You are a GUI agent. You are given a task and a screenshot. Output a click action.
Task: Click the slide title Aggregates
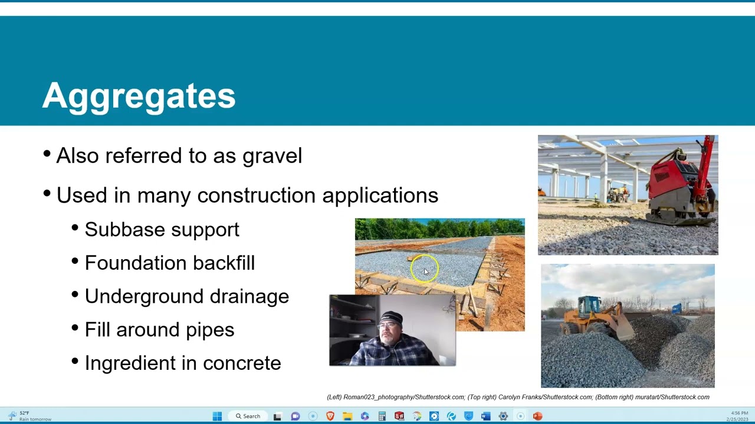tap(139, 96)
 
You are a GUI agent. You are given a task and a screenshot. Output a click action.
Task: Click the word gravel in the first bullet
tap(272, 156)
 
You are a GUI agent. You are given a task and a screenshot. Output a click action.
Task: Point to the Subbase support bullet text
tap(162, 230)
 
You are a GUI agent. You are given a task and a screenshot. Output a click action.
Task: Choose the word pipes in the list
tap(210, 330)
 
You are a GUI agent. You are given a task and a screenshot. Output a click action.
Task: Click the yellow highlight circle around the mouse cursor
tap(425, 269)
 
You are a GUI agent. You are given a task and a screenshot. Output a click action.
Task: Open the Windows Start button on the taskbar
tap(217, 416)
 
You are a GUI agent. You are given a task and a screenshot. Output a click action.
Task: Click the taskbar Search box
tap(248, 416)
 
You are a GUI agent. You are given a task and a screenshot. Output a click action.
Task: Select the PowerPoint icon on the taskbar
tap(537, 416)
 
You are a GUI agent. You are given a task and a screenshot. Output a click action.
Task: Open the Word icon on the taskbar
tap(485, 416)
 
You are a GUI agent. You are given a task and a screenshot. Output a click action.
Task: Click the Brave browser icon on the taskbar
tap(330, 416)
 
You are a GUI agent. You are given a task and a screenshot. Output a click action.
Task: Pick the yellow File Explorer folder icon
tap(347, 416)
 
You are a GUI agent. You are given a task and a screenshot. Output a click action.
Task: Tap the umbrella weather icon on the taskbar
tap(12, 415)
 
